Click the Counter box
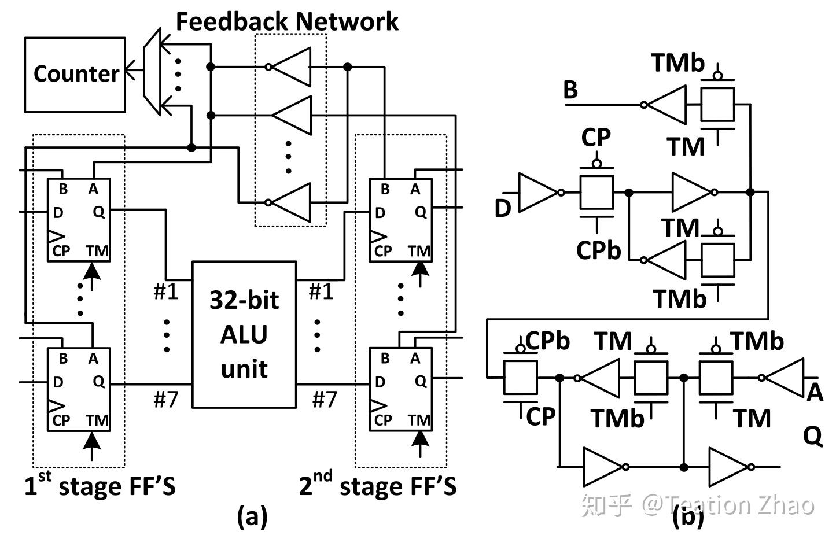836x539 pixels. (75, 75)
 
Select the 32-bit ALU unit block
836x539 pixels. (244, 334)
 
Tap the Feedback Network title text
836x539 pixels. (286, 21)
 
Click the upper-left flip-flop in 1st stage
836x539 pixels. (79, 220)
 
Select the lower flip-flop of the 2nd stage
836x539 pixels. (400, 389)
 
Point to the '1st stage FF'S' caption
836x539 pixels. (100, 485)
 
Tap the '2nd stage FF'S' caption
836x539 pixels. (377, 485)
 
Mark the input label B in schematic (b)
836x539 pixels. (570, 90)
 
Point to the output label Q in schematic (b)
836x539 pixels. (812, 435)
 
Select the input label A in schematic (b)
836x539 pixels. (815, 392)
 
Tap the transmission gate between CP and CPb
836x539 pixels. (596, 193)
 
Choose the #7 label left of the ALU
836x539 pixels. (165, 399)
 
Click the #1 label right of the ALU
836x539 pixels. (321, 291)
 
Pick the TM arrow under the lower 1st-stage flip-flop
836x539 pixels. (91, 445)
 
